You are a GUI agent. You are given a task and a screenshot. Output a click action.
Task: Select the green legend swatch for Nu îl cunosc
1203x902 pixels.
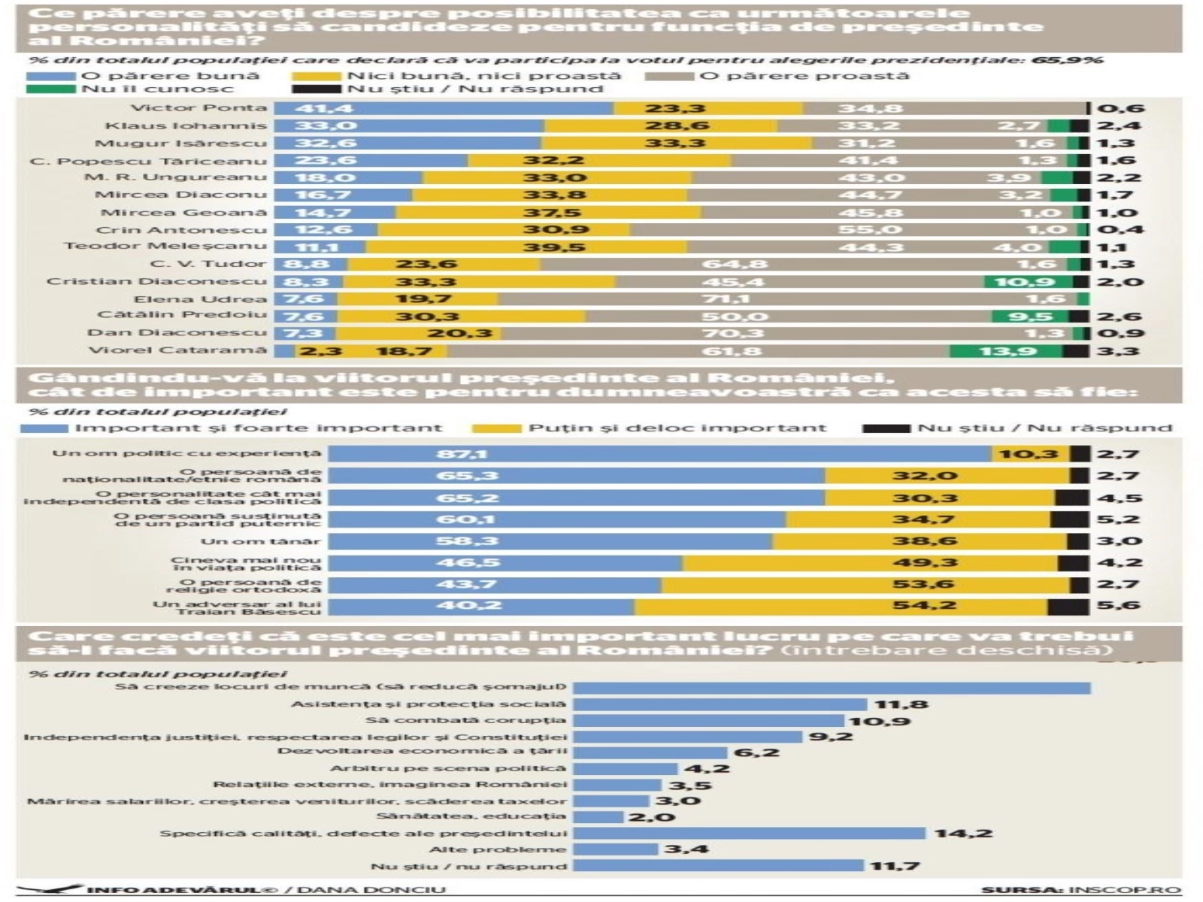pyautogui.click(x=51, y=89)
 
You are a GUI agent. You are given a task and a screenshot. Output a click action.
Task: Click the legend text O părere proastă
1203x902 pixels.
pyautogui.click(x=804, y=76)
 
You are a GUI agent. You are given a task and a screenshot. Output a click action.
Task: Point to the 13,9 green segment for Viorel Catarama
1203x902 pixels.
pyautogui.click(x=1008, y=351)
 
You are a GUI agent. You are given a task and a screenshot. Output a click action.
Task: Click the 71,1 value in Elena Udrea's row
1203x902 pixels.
pyautogui.click(x=735, y=299)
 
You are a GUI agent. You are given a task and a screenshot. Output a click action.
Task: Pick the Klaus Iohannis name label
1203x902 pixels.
pyautogui.click(x=186, y=126)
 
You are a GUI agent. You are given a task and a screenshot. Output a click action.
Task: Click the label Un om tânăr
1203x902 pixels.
pyautogui.click(x=260, y=541)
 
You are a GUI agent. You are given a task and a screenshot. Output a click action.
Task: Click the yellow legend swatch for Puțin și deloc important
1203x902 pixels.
pyautogui.click(x=496, y=428)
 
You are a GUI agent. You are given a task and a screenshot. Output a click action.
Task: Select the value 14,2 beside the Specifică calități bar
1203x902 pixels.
pyautogui.click(x=963, y=833)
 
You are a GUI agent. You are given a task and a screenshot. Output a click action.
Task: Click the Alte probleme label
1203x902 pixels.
pyautogui.click(x=498, y=849)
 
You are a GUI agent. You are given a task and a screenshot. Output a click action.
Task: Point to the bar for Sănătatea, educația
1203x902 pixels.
pyautogui.click(x=598, y=816)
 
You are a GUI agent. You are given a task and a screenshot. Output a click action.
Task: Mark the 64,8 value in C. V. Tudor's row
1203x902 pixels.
pyautogui.click(x=735, y=265)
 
